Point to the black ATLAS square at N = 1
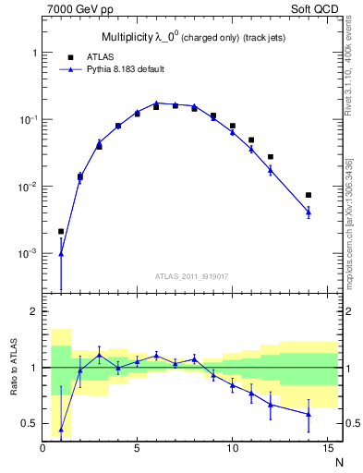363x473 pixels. pos(61,231)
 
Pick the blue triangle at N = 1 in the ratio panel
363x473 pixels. pos(61,430)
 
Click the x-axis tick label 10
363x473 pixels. pos(231,449)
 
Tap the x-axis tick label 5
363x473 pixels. pos(137,449)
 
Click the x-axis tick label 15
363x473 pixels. pos(326,449)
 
